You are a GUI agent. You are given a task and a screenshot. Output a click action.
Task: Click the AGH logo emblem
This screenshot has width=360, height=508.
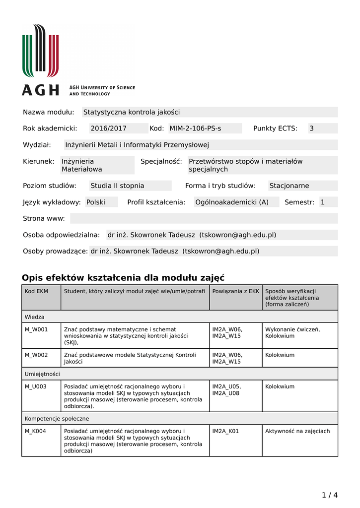point(40,51)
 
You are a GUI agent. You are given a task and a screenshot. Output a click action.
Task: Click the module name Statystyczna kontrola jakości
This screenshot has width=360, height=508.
point(132,112)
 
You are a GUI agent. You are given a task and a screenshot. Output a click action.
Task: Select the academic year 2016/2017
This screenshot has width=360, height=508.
point(108,128)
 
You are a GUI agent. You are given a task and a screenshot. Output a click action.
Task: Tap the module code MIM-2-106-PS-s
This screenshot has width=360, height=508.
point(195,128)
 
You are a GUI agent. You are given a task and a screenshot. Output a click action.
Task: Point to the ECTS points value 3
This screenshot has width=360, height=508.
point(312,128)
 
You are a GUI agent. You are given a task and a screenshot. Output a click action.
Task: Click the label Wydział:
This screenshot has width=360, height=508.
point(37,145)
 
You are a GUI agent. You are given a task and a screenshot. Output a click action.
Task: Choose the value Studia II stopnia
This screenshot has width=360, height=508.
point(117,186)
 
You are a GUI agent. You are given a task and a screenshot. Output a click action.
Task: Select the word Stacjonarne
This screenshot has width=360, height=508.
point(289,186)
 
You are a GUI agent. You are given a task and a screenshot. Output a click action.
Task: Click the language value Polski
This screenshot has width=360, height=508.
point(96,202)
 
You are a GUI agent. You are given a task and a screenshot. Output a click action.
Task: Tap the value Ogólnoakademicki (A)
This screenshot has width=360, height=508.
point(232,202)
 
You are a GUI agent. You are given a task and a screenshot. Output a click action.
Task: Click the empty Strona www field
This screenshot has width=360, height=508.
point(204,218)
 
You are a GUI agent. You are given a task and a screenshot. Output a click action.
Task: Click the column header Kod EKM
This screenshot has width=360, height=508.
point(36,291)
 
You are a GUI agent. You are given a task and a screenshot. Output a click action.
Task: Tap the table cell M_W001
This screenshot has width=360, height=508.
point(36,329)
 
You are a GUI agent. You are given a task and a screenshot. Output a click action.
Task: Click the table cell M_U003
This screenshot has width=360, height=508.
point(36,386)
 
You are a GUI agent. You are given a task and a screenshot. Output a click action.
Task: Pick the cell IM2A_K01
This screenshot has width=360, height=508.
point(225,431)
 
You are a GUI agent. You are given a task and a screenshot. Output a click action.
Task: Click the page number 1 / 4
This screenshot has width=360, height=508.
point(330,495)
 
